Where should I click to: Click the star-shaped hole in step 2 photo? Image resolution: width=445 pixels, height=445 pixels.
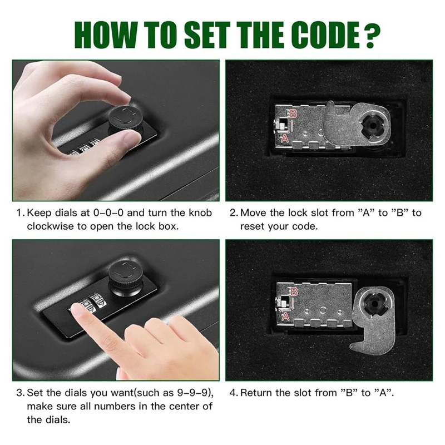[371, 122]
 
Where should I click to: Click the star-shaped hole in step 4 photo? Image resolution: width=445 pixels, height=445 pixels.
[373, 305]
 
